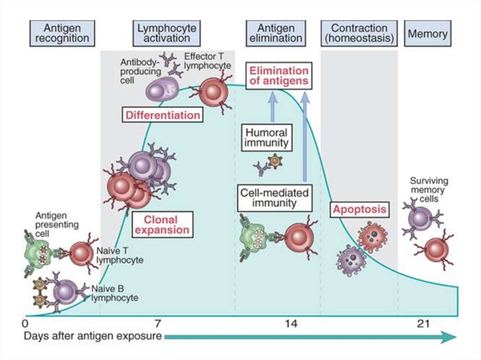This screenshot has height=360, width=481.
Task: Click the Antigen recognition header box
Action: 62,33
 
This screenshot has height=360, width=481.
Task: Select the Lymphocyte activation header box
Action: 167,33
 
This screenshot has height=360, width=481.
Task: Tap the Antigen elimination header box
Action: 276,33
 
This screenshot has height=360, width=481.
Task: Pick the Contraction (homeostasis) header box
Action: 359,33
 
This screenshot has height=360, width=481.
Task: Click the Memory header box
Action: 427,33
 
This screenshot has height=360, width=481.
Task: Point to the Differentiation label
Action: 163,115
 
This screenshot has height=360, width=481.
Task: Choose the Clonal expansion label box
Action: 162,225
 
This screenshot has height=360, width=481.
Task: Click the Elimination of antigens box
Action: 279,76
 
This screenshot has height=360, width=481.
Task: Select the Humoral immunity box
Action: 267,138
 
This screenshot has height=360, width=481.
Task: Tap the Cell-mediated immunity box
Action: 274,198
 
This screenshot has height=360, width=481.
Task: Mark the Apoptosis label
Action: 359,209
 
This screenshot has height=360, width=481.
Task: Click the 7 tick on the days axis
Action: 157,323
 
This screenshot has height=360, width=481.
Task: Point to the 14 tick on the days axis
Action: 291,323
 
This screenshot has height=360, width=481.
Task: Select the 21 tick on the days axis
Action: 423,323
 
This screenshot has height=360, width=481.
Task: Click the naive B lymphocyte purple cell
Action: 66,292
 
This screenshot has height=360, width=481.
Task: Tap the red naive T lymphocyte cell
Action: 81,254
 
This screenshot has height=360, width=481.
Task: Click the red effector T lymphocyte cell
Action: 214,92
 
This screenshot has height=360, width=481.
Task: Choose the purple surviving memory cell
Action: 420,218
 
